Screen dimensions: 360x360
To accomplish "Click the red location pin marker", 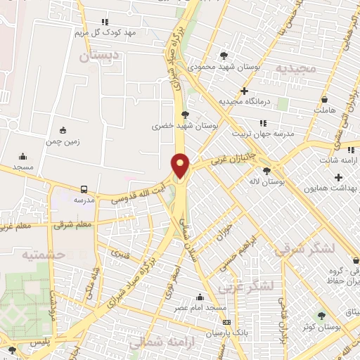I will tap(181, 165).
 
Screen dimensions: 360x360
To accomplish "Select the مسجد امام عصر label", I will tap(201, 308).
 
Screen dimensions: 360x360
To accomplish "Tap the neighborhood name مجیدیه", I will tap(292, 69).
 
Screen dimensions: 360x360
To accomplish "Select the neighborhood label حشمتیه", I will tap(42, 255).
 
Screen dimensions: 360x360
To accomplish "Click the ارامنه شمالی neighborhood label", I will tap(157, 342).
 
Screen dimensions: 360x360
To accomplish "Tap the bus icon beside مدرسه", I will tap(84, 189).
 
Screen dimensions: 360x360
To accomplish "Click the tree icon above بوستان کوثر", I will tap(321, 316).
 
